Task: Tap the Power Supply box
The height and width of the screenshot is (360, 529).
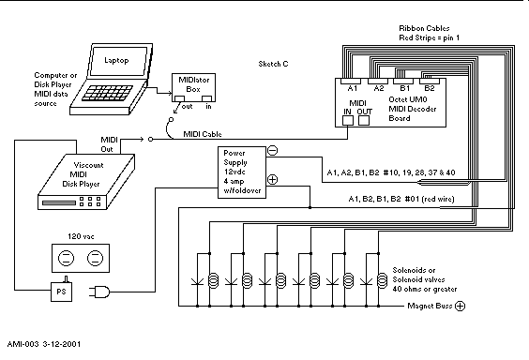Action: (x=241, y=169)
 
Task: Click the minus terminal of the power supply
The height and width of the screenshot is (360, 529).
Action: (x=272, y=150)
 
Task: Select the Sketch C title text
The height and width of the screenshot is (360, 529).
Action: (x=274, y=64)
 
